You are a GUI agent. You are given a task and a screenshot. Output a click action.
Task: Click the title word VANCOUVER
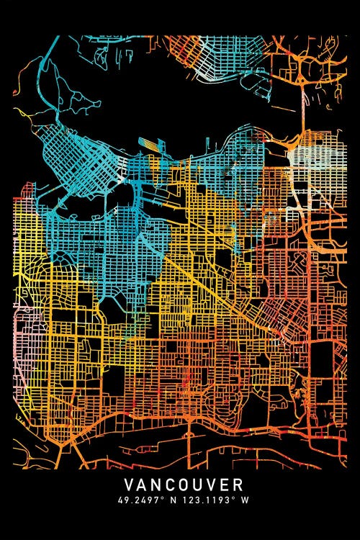pos(184,485)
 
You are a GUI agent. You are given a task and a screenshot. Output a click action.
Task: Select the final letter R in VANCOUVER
pos(238,485)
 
